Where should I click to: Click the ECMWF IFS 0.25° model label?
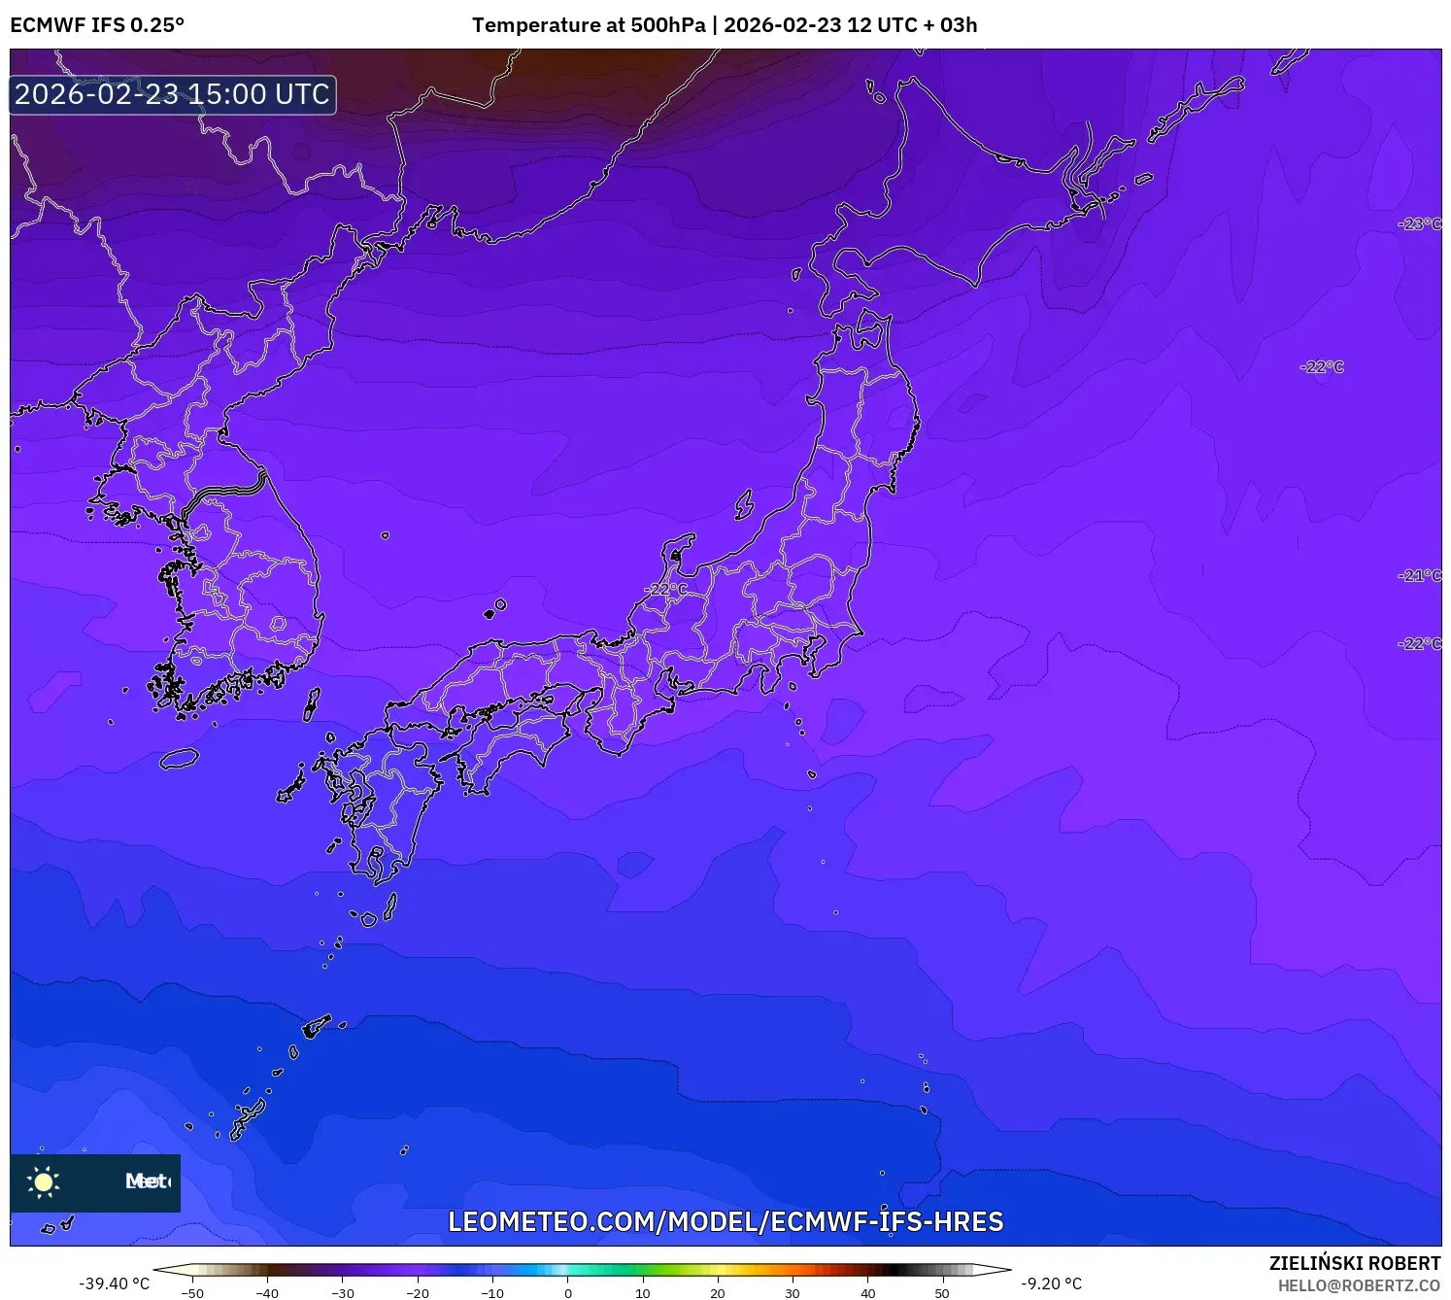(97, 25)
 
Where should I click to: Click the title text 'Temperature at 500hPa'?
(589, 25)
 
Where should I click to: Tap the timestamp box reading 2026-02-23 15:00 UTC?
(173, 94)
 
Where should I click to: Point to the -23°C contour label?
(1419, 224)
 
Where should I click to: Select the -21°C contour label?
(1419, 576)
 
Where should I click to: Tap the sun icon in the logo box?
(44, 1181)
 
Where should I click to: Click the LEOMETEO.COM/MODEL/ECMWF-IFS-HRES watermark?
(725, 1222)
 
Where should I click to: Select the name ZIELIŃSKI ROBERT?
(1354, 1263)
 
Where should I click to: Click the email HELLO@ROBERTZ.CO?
(1359, 1285)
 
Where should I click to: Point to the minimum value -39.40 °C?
(115, 1283)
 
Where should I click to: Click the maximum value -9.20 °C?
(1051, 1283)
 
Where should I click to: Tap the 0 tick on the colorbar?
(568, 1293)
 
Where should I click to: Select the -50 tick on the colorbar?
(192, 1293)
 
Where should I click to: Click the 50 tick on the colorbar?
(942, 1293)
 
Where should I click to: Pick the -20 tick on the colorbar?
(418, 1293)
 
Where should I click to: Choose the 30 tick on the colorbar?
(793, 1293)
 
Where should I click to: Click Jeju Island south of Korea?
(180, 758)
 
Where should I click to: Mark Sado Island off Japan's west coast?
(744, 504)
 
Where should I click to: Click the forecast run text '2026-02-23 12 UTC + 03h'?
(851, 25)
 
